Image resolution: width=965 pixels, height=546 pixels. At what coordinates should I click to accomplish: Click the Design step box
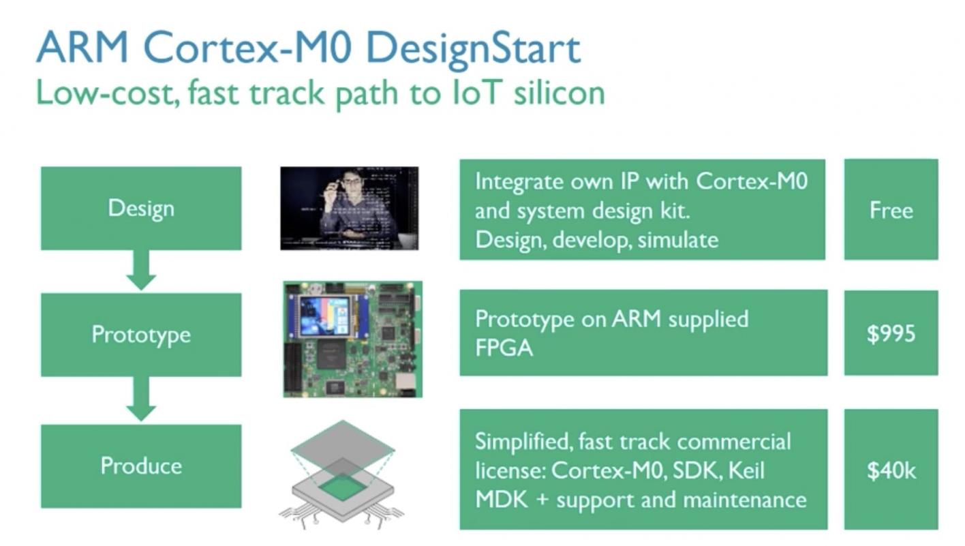point(141,208)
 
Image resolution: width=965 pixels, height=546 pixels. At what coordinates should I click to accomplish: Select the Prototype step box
point(141,335)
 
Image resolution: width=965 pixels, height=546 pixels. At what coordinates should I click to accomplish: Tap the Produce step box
point(141,466)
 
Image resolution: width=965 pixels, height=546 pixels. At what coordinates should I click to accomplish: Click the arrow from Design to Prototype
point(141,271)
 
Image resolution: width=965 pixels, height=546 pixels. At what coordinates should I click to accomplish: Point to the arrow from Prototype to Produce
point(141,399)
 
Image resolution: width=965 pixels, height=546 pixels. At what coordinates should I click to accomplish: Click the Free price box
point(891,209)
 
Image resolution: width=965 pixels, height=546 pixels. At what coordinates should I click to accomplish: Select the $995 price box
point(891,333)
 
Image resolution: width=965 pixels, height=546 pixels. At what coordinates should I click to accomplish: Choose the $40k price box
point(891,469)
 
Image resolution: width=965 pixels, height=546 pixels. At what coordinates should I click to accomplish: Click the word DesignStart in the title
point(474,49)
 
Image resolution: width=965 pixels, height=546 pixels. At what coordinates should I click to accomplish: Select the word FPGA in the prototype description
point(504,348)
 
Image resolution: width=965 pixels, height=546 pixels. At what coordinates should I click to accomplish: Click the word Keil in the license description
point(747,470)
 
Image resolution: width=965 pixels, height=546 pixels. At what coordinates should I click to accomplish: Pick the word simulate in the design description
point(678,240)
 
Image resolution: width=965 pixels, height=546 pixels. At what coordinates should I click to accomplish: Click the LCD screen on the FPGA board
point(326,316)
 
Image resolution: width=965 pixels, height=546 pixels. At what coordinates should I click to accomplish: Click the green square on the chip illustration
point(343,487)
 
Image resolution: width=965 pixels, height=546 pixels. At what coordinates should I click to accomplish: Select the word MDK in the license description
point(502,500)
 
